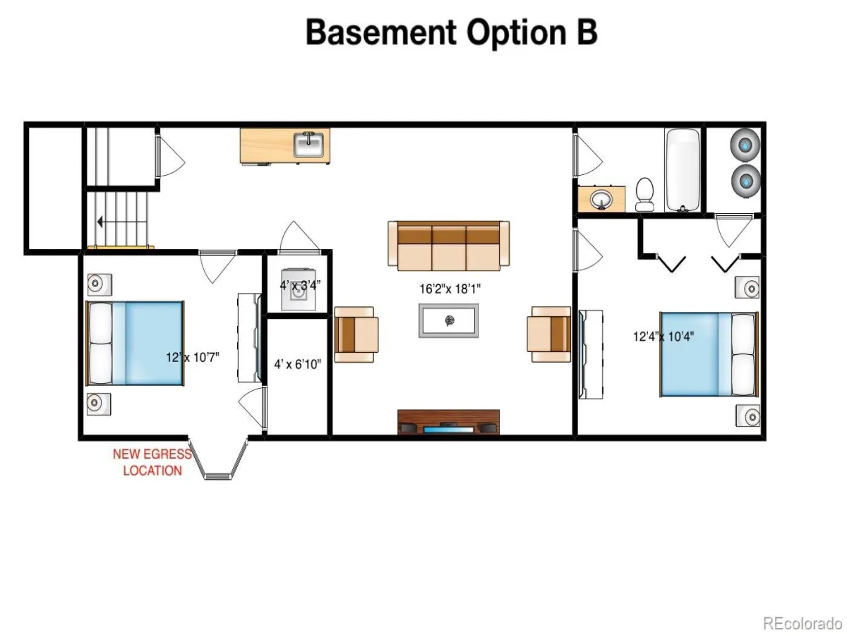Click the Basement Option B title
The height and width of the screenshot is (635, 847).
tap(452, 34)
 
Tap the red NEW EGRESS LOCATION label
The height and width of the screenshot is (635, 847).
tap(152, 462)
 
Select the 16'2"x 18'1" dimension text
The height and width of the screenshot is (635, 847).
tap(450, 289)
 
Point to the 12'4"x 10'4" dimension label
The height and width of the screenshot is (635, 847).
tap(663, 337)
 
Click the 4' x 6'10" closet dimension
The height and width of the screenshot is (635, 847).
tap(298, 364)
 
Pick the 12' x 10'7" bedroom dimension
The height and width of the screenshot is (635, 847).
tap(193, 358)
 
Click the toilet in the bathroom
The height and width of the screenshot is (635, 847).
tap(644, 194)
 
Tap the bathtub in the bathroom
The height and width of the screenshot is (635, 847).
tap(683, 170)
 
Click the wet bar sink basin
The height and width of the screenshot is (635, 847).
tap(308, 145)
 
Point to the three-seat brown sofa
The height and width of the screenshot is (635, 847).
tap(448, 246)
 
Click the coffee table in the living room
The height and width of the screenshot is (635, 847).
tap(448, 321)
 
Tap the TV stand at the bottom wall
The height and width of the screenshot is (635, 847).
tap(448, 422)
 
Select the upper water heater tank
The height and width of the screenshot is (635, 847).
tap(745, 145)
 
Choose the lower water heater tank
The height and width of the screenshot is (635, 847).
tap(746, 181)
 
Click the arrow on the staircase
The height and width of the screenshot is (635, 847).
tap(122, 222)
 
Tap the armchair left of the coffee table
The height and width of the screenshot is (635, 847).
tap(356, 334)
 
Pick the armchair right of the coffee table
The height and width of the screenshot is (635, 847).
tap(548, 334)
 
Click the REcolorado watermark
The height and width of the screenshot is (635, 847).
tap(803, 623)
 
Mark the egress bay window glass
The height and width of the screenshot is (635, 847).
tap(218, 476)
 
